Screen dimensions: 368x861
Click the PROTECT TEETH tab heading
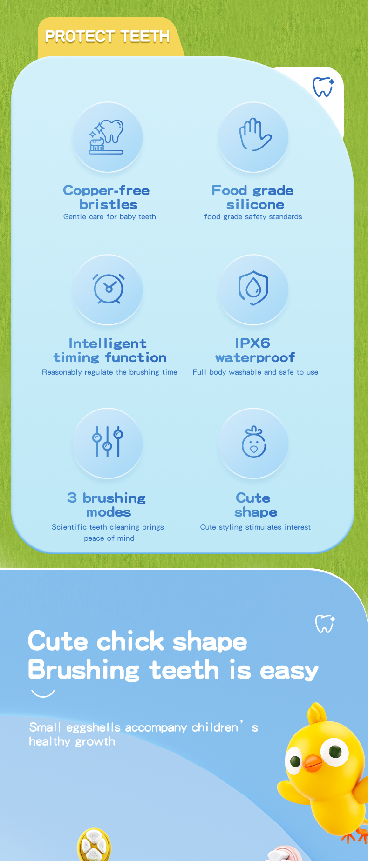[x=107, y=36]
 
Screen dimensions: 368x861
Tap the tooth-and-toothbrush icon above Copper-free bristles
[x=107, y=137]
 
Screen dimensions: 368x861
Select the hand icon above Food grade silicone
[x=255, y=135]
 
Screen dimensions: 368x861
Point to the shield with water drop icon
[x=253, y=288]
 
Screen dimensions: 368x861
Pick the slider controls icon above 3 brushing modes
[x=108, y=441]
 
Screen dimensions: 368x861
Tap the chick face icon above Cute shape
[x=254, y=442]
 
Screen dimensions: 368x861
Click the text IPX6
[x=252, y=343]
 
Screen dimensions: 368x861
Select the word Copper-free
[x=107, y=190]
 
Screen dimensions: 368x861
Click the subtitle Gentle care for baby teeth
[x=109, y=216]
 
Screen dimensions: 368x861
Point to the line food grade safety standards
[x=253, y=216]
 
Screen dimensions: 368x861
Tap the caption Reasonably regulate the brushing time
[x=109, y=372]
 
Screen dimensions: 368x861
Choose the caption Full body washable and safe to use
[x=255, y=372]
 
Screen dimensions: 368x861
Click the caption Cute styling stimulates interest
[x=255, y=527]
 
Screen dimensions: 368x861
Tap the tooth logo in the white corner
[x=323, y=87]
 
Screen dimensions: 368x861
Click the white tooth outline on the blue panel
[x=325, y=624]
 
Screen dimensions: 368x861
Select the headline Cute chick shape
[x=137, y=641]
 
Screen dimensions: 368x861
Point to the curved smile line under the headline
[x=43, y=693]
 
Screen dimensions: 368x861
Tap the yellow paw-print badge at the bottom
[x=94, y=845]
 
